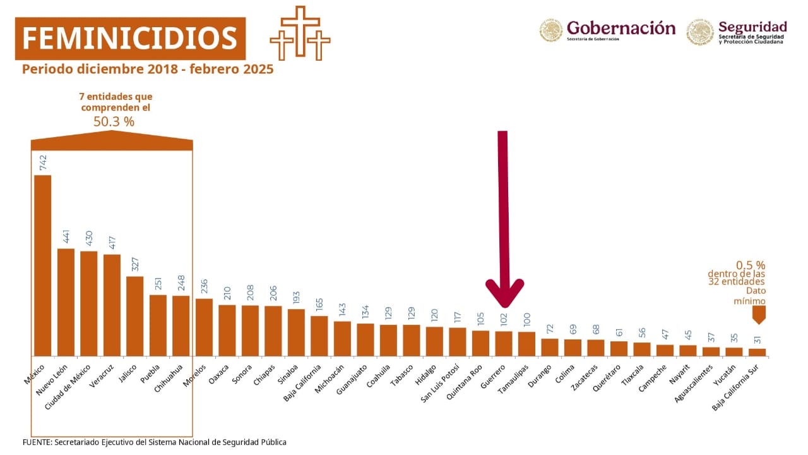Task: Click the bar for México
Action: (42, 265)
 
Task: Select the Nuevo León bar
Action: (66, 302)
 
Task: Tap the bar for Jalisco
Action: (134, 316)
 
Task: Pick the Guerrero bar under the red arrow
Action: (504, 344)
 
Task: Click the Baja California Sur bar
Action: (757, 353)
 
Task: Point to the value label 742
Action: (43, 162)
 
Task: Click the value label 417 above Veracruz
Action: (112, 243)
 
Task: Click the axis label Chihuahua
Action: (170, 377)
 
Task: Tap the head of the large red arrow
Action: (504, 291)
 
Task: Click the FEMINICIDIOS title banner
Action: (130, 39)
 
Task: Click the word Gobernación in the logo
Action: (621, 28)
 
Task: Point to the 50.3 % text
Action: (114, 121)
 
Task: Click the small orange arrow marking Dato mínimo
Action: (757, 314)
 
